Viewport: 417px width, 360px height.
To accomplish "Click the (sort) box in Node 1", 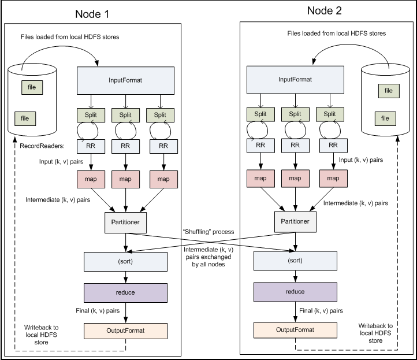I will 125,261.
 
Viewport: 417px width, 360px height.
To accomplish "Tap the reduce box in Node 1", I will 125,292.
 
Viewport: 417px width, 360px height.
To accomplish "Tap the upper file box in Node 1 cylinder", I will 31,88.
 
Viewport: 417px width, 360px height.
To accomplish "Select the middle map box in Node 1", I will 125,179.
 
